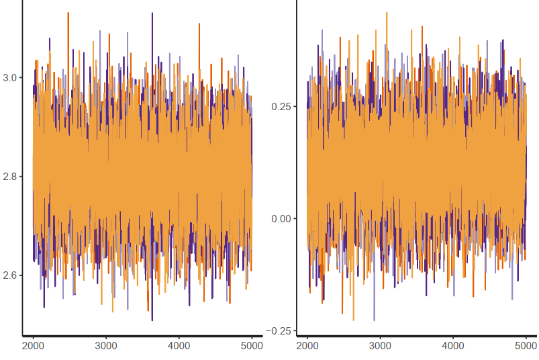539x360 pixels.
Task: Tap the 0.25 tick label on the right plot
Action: click(x=282, y=107)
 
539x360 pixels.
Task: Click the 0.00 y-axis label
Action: click(x=282, y=219)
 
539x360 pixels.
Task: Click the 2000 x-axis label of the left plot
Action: click(x=33, y=347)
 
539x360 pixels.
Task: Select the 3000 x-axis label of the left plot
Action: click(x=106, y=347)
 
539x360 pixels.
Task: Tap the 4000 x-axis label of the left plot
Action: click(x=179, y=347)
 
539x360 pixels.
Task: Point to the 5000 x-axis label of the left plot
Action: click(x=251, y=347)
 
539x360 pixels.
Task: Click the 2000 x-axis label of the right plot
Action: click(x=307, y=347)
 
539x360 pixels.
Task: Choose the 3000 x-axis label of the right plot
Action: click(x=380, y=347)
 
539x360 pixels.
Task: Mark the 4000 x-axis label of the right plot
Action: click(x=453, y=347)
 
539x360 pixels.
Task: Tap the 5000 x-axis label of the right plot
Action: click(x=526, y=347)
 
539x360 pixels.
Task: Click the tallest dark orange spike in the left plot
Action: click(x=68, y=13)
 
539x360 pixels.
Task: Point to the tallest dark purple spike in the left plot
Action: click(x=152, y=13)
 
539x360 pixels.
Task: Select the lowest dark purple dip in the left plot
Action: click(x=152, y=320)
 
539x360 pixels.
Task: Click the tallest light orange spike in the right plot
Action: click(x=387, y=13)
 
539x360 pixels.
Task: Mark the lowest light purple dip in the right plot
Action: click(x=375, y=320)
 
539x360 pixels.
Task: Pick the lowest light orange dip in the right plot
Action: click(x=354, y=320)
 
